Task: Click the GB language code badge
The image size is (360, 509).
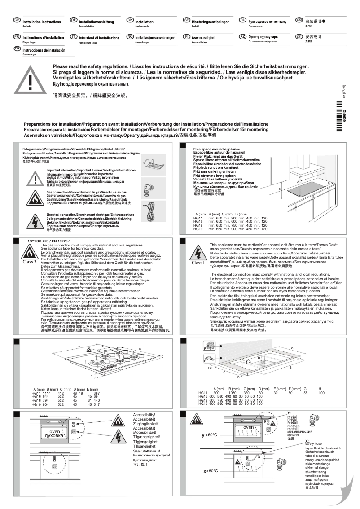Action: pos(17,21)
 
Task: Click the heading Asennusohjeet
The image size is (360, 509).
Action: pos(205,37)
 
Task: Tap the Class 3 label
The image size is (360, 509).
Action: pos(29,261)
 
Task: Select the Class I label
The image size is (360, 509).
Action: pos(198,263)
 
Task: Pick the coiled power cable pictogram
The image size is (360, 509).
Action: pos(149,206)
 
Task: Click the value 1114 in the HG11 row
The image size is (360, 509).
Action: pos(48,393)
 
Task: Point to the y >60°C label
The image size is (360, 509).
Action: pos(209,435)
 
